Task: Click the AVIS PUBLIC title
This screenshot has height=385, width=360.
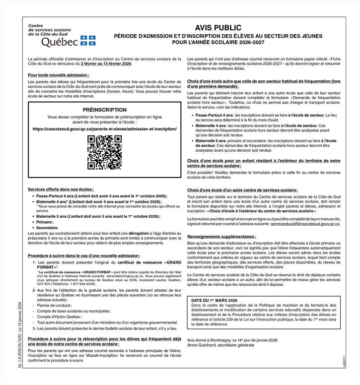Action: coord(218,28)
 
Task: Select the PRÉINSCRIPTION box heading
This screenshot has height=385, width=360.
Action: coord(104,109)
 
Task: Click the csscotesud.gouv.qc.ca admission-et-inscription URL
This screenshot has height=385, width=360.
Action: coord(104,128)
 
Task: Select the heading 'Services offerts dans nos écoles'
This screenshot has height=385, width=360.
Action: coord(61,190)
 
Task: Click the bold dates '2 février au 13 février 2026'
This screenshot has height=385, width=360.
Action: coord(107,64)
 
